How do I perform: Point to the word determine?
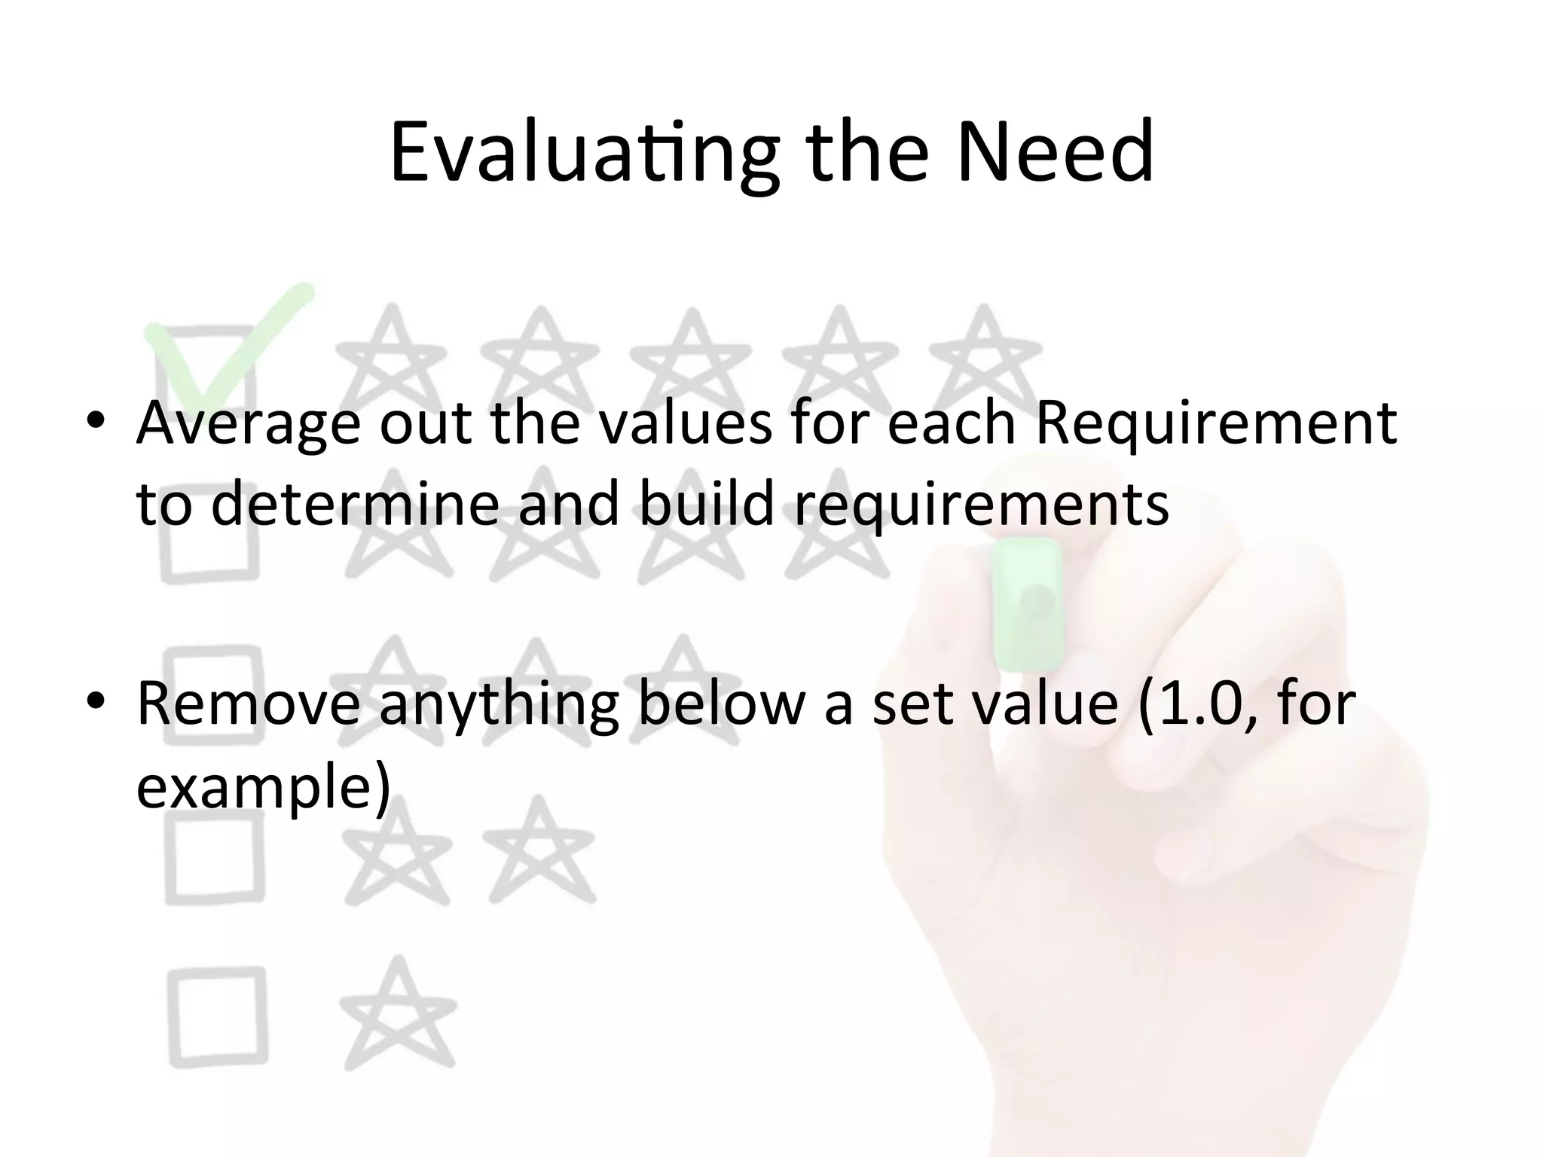pyautogui.click(x=355, y=504)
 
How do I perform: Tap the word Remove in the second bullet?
pyautogui.click(x=249, y=704)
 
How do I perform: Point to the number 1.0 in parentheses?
pyautogui.click(x=1204, y=704)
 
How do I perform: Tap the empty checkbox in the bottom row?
pyautogui.click(x=217, y=1016)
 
